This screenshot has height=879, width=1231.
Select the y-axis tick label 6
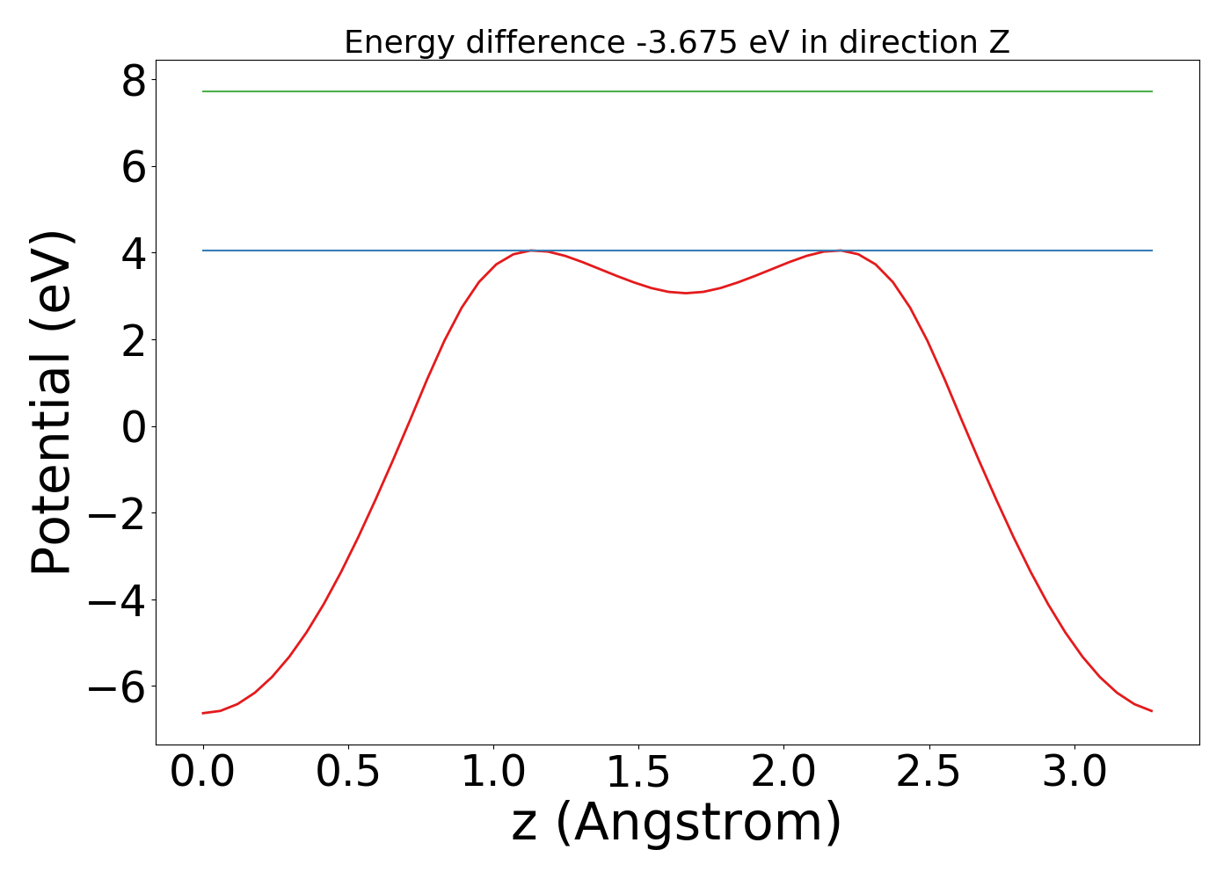(x=134, y=167)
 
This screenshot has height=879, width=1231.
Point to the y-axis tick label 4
(x=134, y=254)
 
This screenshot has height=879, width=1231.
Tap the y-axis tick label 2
(x=134, y=341)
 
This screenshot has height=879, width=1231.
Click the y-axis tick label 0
(x=134, y=427)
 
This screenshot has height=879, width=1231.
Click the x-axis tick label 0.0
(x=203, y=773)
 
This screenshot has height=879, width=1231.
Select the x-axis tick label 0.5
(x=348, y=773)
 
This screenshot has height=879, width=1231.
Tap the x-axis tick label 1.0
(x=493, y=773)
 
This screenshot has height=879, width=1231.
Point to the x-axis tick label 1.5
(x=638, y=773)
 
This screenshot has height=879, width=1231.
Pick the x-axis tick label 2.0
(x=783, y=773)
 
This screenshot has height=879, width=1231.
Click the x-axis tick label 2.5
(x=929, y=773)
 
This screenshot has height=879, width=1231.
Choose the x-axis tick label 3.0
(x=1074, y=773)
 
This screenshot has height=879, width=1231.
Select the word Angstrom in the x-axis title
(x=699, y=823)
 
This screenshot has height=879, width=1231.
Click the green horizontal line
(x=677, y=91)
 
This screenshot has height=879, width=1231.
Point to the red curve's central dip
(x=686, y=293)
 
